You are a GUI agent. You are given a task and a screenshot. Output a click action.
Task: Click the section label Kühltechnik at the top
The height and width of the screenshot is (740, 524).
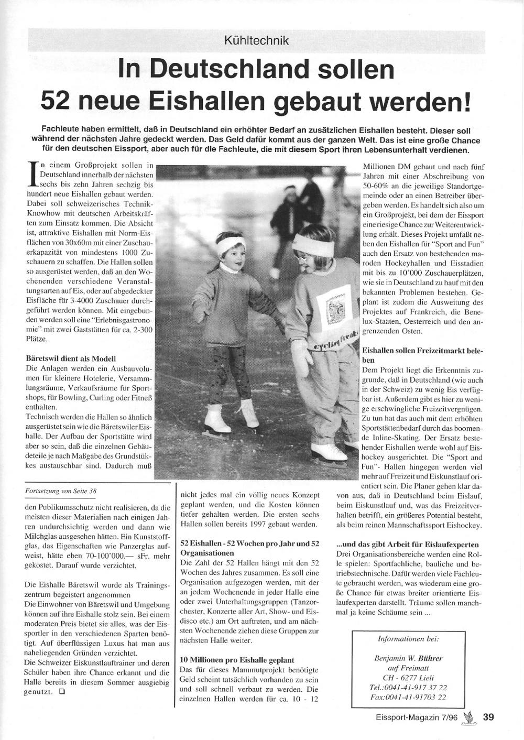click(x=256, y=40)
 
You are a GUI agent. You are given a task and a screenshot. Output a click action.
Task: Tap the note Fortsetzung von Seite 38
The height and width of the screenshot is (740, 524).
click(x=61, y=491)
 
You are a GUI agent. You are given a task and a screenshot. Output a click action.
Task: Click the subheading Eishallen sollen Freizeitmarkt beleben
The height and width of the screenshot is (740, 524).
click(x=422, y=354)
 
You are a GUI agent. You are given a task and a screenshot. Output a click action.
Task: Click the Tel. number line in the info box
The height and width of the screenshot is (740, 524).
click(x=408, y=687)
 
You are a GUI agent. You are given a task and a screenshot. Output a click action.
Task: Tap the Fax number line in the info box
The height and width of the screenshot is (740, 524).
click(x=408, y=697)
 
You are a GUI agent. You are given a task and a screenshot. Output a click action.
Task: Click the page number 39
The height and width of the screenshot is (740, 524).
click(x=488, y=717)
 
